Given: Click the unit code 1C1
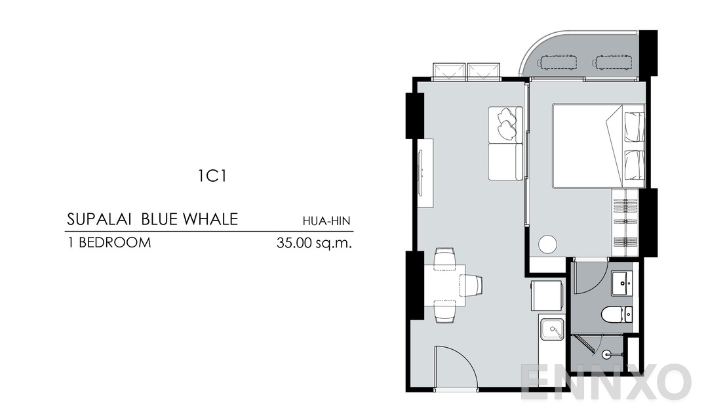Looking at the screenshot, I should coord(212,176).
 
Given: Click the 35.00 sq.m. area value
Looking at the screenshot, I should coord(315,243).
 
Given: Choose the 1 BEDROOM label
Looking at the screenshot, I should coord(109,243).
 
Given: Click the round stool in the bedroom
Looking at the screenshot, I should coord(547,245).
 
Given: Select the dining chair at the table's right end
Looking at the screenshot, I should coord(474,285).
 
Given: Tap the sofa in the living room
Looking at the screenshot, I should coord(505,143).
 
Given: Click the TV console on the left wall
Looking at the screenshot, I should coord(425,173).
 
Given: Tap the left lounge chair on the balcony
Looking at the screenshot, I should coord(557,62).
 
